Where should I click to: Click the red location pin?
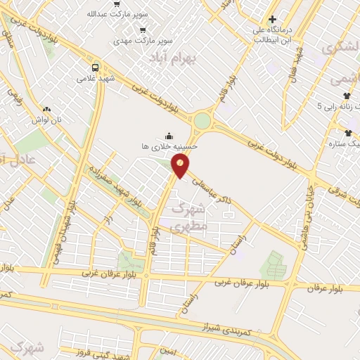[x=181, y=166]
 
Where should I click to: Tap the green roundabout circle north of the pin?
[x=202, y=120]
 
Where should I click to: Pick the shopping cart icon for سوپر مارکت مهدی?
[x=143, y=30]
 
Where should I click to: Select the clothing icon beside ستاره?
[x=347, y=131]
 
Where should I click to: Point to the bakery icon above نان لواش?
[x=47, y=109]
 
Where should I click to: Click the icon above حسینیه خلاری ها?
[x=167, y=136]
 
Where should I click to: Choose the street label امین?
[x=167, y=350]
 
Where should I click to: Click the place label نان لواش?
[x=68, y=120]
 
